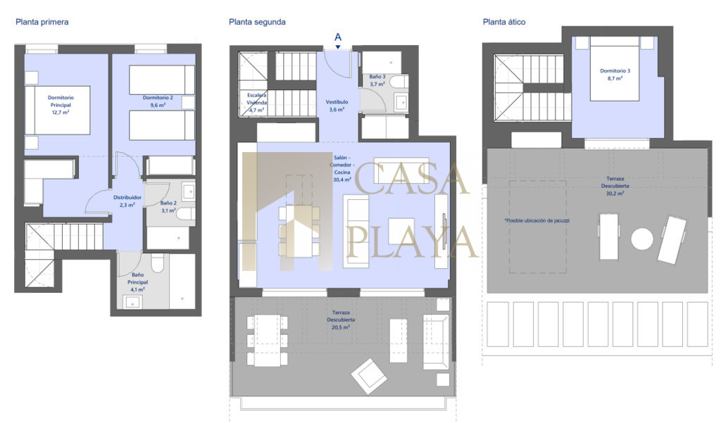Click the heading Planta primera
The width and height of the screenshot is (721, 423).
42,22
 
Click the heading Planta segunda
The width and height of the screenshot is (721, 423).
257,22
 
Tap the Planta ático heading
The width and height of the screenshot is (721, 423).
504,22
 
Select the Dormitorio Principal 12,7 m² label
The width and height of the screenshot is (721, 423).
61,105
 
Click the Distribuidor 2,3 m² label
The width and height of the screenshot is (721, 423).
127,201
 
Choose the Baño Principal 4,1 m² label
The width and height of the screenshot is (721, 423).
137,282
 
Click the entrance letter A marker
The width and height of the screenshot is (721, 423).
338,37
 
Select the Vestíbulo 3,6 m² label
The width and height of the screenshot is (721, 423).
337,106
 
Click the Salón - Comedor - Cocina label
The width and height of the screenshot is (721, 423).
342,168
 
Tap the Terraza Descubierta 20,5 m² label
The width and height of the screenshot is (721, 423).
341,320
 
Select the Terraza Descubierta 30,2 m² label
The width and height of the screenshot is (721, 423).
615,186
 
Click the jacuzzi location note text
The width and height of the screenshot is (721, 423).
537,221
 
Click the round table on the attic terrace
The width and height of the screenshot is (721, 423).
642,239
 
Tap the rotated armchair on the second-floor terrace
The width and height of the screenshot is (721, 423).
369,376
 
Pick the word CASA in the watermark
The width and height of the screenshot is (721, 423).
411,177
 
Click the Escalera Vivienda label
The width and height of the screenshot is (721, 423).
256,103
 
